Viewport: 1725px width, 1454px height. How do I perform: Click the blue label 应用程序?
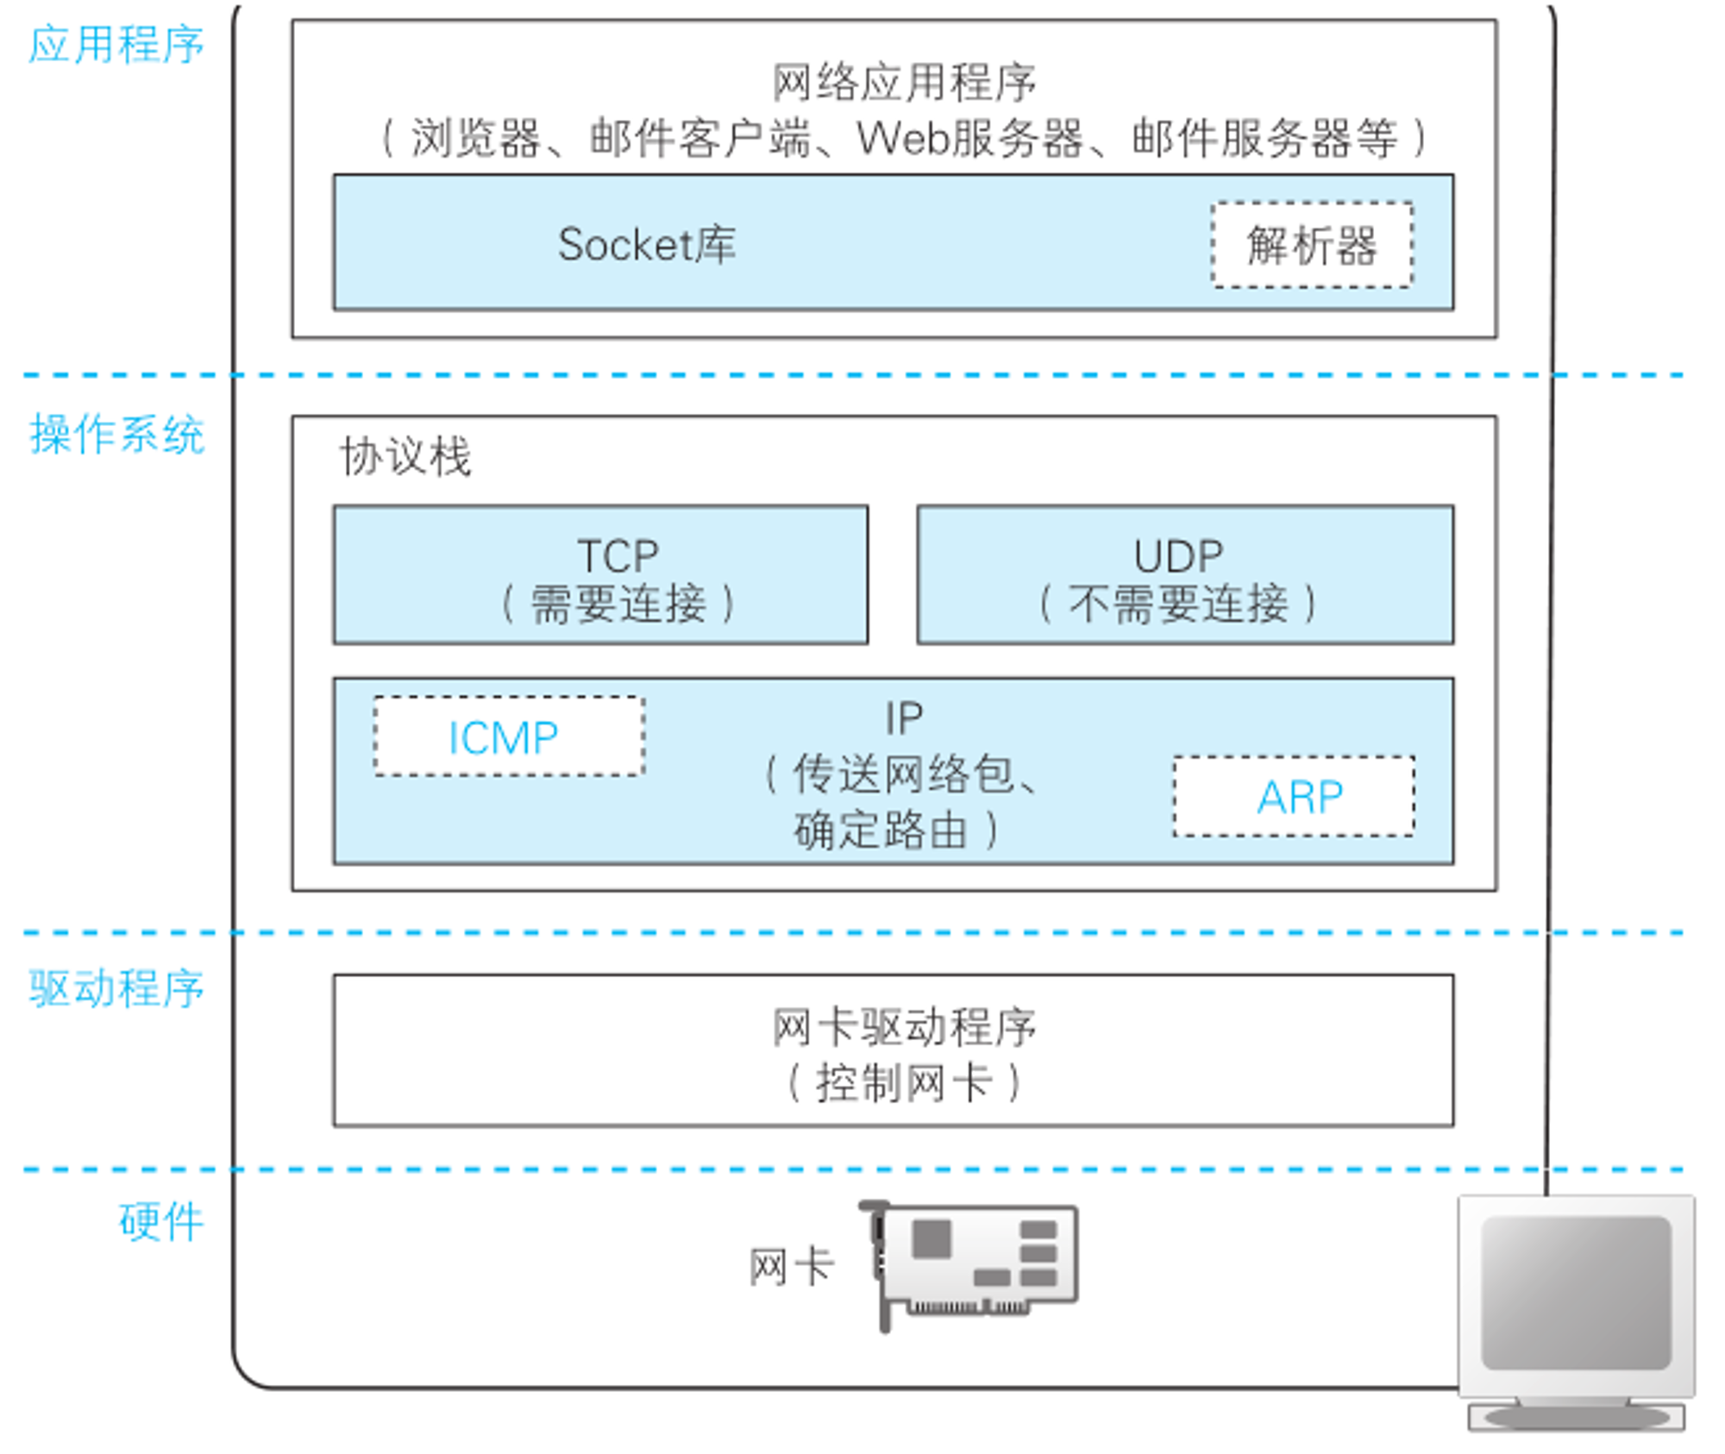[x=116, y=45]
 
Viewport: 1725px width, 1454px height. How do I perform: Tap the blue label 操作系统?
[x=116, y=434]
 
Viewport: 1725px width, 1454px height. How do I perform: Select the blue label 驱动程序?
[x=116, y=987]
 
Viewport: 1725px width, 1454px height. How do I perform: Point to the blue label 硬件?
[x=161, y=1221]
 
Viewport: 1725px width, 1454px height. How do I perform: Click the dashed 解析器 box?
[x=1312, y=245]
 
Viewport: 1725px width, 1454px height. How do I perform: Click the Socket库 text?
[x=647, y=244]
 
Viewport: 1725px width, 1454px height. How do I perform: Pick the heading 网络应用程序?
[x=904, y=83]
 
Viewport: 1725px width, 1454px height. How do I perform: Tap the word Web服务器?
[x=969, y=138]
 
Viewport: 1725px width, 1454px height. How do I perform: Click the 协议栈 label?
[x=405, y=455]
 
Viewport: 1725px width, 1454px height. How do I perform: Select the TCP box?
[x=600, y=574]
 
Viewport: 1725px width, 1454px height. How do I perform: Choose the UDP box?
[x=1185, y=574]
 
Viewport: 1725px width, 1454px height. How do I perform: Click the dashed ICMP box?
[x=509, y=736]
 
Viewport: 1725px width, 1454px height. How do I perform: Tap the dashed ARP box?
[x=1294, y=796]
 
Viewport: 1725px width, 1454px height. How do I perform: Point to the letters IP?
[x=904, y=718]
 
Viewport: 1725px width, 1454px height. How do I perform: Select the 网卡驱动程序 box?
[x=894, y=1050]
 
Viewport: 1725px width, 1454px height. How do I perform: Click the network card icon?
[x=969, y=1264]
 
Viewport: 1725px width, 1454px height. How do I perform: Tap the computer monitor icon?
[x=1577, y=1313]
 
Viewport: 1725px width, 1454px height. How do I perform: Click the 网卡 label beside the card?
[x=792, y=1267]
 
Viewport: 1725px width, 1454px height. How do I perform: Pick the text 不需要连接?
[x=1178, y=603]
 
